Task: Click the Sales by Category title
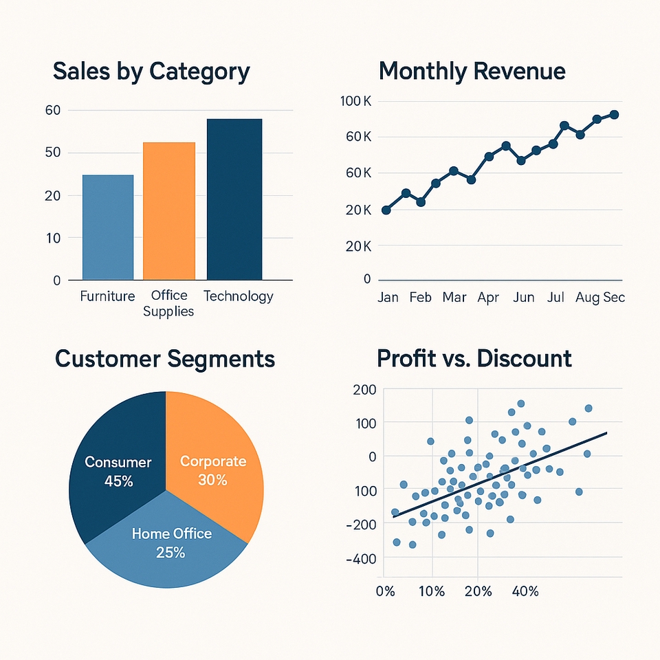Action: [151, 71]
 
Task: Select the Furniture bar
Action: [108, 227]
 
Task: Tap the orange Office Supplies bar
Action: [168, 210]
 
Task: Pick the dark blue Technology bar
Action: [234, 199]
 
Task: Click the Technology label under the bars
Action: [239, 296]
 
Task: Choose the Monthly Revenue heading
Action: [472, 71]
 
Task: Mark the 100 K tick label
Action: [355, 102]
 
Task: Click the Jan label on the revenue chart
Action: [389, 298]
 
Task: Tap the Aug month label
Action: [588, 298]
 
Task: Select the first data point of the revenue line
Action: [386, 210]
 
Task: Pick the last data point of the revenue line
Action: [614, 115]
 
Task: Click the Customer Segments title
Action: [165, 359]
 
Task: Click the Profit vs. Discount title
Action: [474, 359]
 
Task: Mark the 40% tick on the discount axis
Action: [525, 591]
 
